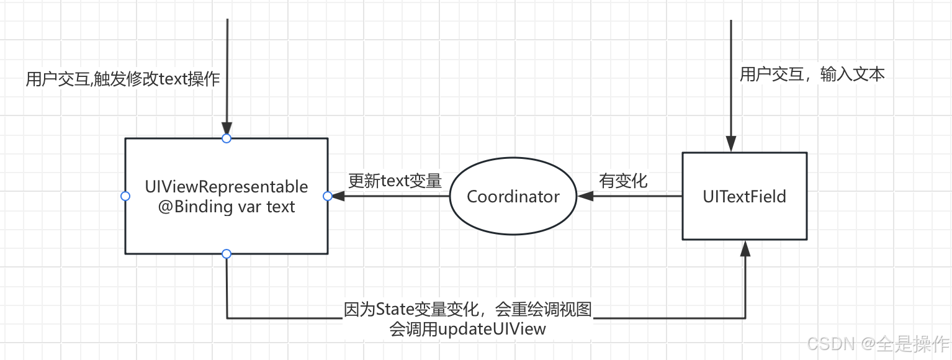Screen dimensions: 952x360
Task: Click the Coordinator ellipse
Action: coord(513,197)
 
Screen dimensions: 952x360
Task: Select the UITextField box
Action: coord(744,196)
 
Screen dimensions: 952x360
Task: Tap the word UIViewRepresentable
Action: coord(226,186)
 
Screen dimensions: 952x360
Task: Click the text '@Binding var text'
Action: coord(226,207)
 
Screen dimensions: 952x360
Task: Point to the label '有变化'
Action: coord(622,181)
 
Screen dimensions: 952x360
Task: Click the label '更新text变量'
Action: coord(395,181)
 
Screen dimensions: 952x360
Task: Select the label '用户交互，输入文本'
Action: coord(812,74)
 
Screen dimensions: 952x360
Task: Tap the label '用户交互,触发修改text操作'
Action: coord(123,79)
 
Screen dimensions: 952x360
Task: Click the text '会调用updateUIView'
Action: coord(467,328)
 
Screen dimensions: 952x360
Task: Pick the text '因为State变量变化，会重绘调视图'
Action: coord(468,309)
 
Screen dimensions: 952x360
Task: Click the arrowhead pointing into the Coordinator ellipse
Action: coord(584,196)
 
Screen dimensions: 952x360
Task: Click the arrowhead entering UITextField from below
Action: coord(745,248)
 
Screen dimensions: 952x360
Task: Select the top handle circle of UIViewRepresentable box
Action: coord(227,138)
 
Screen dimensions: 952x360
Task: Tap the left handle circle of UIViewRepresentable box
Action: coord(125,196)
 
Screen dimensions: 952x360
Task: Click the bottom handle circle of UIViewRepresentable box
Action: coord(227,254)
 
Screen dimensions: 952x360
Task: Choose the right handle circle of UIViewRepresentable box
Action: coord(328,196)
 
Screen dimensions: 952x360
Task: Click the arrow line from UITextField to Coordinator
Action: coord(639,196)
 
